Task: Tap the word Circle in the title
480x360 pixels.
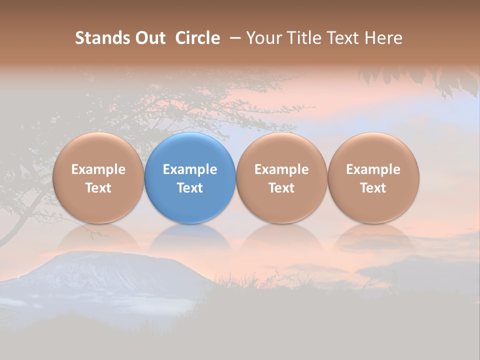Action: [x=197, y=38]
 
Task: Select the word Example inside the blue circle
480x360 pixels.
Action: [x=190, y=169]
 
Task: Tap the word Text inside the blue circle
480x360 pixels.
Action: [x=190, y=188]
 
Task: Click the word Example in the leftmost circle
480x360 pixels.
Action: [x=98, y=169]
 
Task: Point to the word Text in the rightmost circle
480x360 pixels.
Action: [x=373, y=188]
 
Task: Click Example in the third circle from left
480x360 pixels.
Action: [x=281, y=169]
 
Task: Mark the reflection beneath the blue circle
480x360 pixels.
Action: [x=190, y=237]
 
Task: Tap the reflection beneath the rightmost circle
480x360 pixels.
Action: [x=373, y=237]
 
